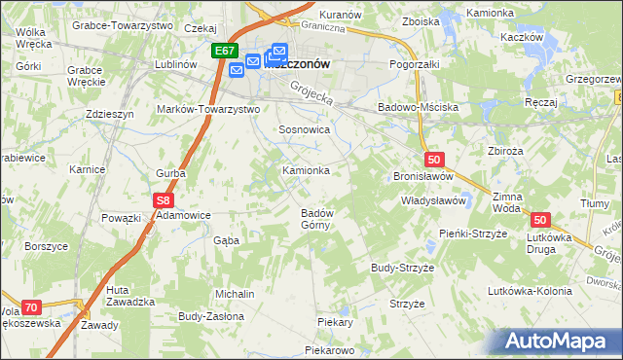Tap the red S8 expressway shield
click(x=163, y=200)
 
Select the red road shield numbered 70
click(x=31, y=307)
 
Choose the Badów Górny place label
click(x=317, y=219)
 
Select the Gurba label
click(x=171, y=173)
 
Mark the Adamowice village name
click(x=184, y=214)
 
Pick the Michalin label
click(x=235, y=294)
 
